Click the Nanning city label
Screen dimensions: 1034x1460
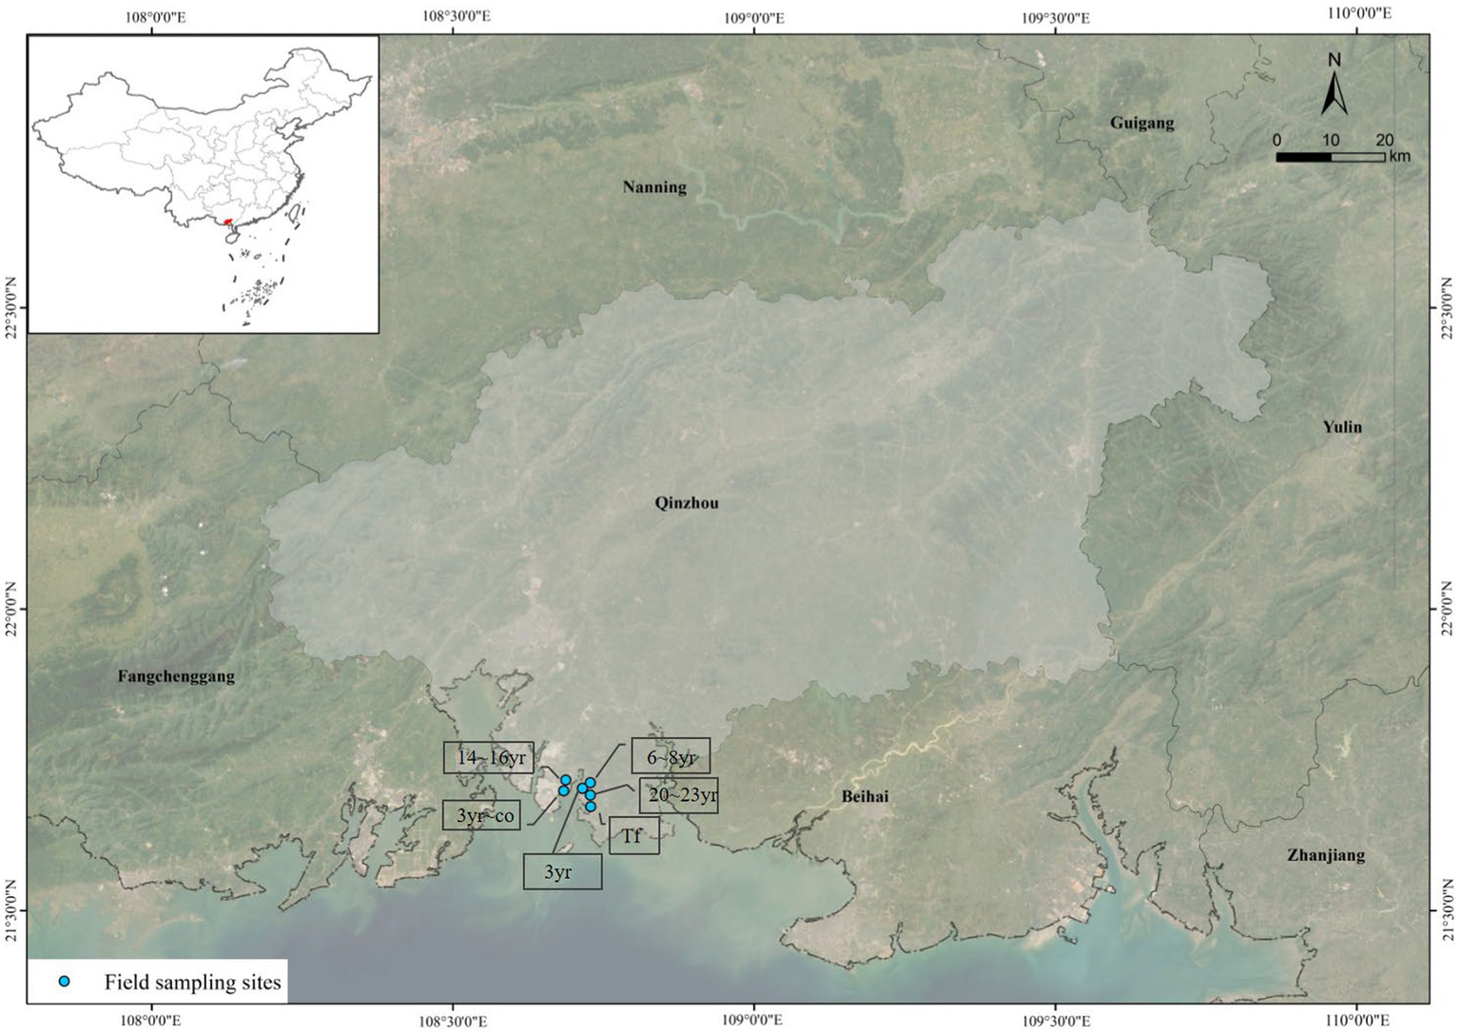click(654, 187)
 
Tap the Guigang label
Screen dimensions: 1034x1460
click(1141, 123)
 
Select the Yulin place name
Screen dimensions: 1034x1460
click(1341, 427)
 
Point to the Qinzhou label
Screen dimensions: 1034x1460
click(687, 503)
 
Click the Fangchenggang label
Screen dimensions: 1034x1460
click(176, 677)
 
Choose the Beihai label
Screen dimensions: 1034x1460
click(865, 796)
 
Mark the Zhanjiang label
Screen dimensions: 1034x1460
click(1326, 855)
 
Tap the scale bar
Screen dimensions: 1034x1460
click(1330, 157)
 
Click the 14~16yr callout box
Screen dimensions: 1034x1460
click(489, 758)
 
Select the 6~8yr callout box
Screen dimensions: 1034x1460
click(671, 757)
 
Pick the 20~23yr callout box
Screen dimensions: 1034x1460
click(678, 795)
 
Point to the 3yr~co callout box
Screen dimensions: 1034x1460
click(482, 815)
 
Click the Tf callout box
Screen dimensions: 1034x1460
click(633, 836)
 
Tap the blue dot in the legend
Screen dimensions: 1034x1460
click(64, 982)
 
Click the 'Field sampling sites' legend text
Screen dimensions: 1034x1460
click(192, 983)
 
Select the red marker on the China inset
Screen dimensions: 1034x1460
click(227, 223)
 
